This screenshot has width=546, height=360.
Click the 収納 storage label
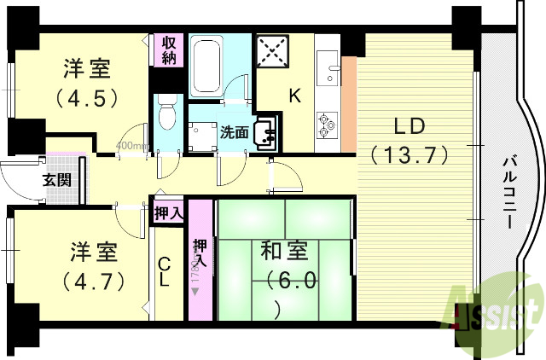pyautogui.click(x=166, y=49)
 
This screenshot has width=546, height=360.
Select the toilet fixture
pyautogui.click(x=167, y=114)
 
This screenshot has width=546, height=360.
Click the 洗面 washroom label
pyautogui.click(x=234, y=132)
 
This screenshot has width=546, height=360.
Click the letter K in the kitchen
pyautogui.click(x=294, y=96)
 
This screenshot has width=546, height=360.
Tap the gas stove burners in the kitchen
pyautogui.click(x=327, y=125)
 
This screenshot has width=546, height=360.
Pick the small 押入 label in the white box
pyautogui.click(x=168, y=212)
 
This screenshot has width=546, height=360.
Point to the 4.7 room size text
pyautogui.click(x=94, y=279)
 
